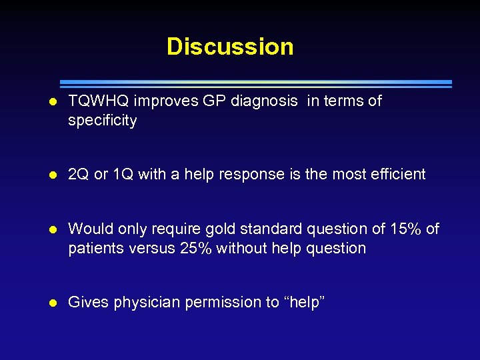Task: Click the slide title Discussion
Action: click(230, 47)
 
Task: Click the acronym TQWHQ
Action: click(99, 101)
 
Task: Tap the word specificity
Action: click(103, 121)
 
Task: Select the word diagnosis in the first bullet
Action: click(265, 101)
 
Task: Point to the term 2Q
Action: click(79, 175)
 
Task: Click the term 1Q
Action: click(123, 175)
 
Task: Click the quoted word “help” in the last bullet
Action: click(304, 302)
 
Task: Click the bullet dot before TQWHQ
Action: click(53, 102)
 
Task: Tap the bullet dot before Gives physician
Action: click(53, 303)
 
